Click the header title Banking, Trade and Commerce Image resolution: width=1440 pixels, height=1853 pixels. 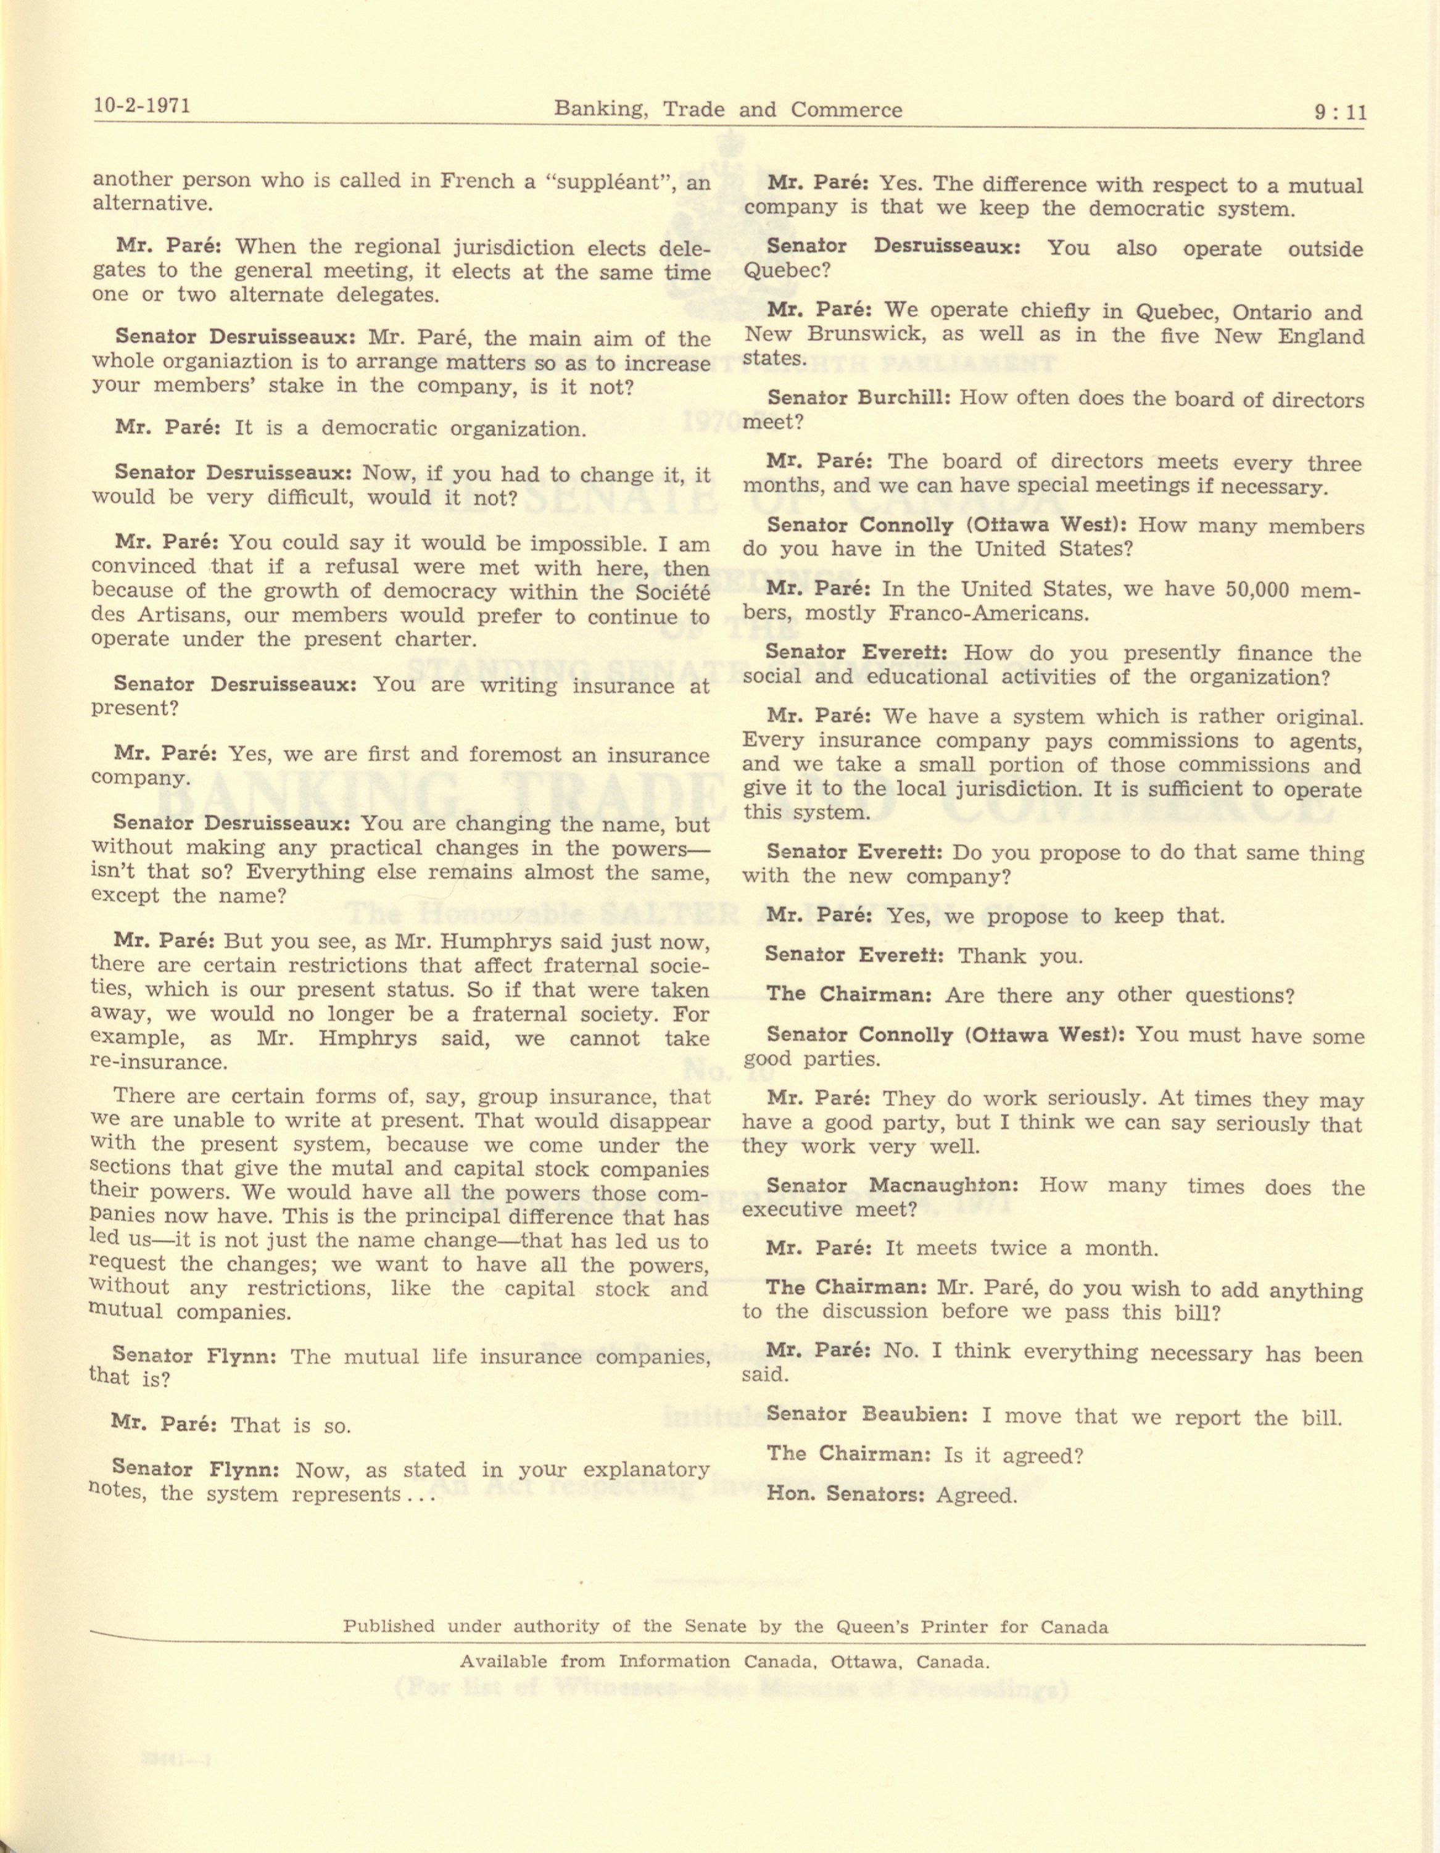click(727, 109)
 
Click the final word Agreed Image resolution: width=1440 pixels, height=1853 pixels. click(976, 1495)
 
